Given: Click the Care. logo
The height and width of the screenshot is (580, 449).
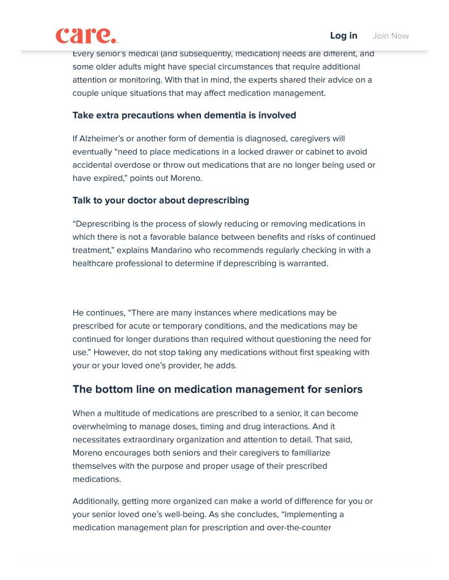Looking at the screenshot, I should [x=86, y=35].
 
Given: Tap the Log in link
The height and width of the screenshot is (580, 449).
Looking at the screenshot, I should [x=343, y=36].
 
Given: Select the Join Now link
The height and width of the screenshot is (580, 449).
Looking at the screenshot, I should [x=391, y=36].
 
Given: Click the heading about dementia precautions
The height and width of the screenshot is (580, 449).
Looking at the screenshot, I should [x=184, y=115].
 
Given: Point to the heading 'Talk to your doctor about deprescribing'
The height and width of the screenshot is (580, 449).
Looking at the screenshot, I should [x=161, y=200].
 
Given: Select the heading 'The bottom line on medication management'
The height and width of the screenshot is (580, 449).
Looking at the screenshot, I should [x=217, y=390].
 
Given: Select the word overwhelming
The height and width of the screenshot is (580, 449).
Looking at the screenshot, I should [x=100, y=426].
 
